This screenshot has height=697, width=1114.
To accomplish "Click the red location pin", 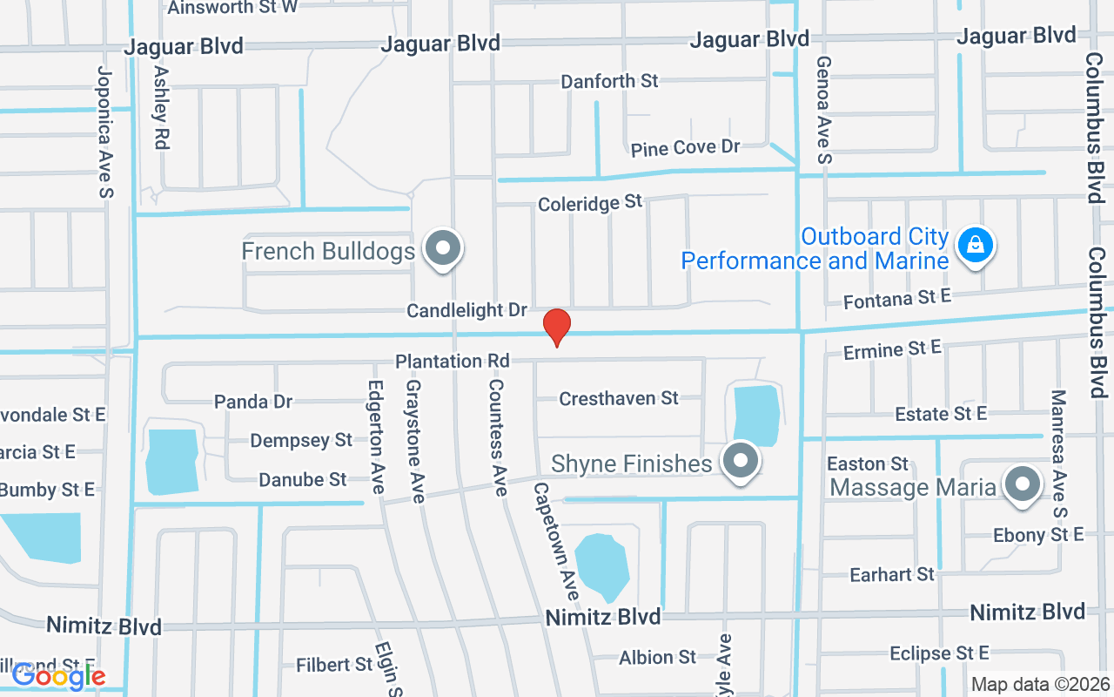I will (557, 327).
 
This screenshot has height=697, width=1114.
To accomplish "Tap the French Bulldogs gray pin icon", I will (443, 248).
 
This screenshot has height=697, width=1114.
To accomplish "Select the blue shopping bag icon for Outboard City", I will (976, 245).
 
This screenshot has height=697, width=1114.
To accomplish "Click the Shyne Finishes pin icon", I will (742, 461).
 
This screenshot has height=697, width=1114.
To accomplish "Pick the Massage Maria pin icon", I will (1023, 484).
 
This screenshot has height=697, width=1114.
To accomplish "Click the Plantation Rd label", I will (452, 361).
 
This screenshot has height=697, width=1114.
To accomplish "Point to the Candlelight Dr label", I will (467, 310).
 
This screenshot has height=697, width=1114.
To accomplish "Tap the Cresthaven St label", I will (619, 398).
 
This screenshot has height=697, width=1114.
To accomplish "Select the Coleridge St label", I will (590, 204).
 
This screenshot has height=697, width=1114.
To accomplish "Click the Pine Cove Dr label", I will (685, 148).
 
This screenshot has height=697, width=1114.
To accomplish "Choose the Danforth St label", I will (609, 81).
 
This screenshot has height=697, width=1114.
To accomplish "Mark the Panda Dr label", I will (253, 402).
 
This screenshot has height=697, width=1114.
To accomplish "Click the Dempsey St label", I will (301, 440).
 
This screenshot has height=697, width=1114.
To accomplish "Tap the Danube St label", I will (302, 479).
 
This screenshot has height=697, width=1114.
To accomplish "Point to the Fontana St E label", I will (897, 300).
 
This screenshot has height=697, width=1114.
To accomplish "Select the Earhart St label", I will (891, 573).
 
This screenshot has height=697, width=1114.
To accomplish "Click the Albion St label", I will (657, 657).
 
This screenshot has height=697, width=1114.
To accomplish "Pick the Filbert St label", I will (334, 665).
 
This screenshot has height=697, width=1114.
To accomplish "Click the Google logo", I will (58, 675).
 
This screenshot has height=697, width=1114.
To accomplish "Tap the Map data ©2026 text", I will (1040, 685).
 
